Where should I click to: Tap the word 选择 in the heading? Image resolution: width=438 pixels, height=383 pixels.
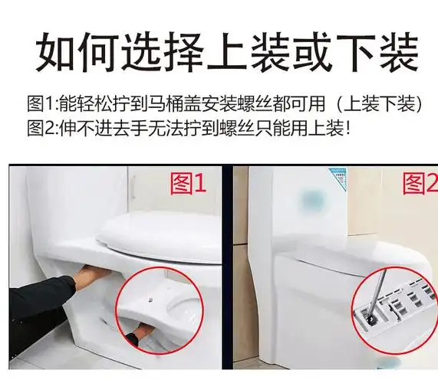(x=172, y=51)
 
